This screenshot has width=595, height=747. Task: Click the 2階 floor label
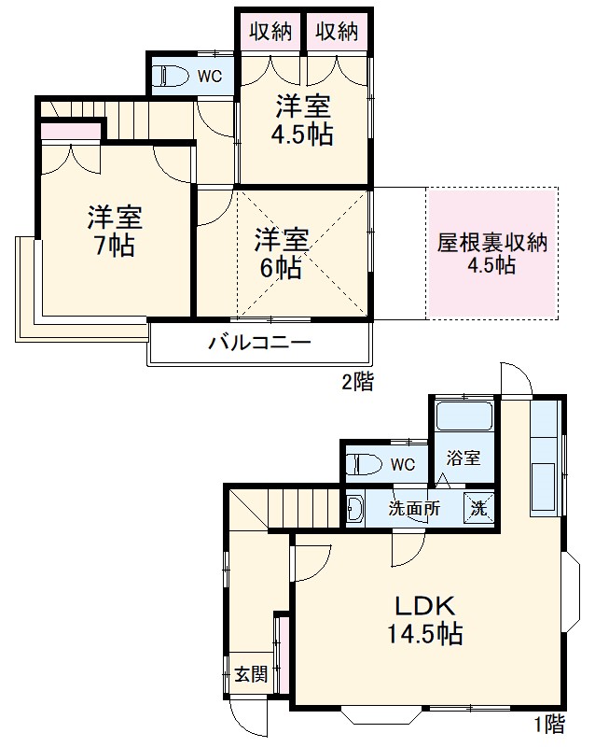pos(356,381)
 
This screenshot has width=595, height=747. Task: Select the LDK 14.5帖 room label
pos(424,618)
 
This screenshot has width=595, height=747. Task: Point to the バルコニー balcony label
pos(258,343)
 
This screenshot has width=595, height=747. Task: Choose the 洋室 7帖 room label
pos(114,232)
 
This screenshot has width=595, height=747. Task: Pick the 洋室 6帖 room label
pos(281,253)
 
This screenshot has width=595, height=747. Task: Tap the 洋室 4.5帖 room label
pos(301,119)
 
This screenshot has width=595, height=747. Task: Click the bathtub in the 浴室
pos(464,416)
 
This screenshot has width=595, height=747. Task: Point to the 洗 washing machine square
pos(478,510)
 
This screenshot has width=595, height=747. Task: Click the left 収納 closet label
pos(270,31)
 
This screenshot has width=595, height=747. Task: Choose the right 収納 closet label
pos(337,31)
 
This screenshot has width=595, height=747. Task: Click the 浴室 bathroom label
pos(464,458)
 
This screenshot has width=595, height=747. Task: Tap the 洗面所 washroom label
pos(415,510)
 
